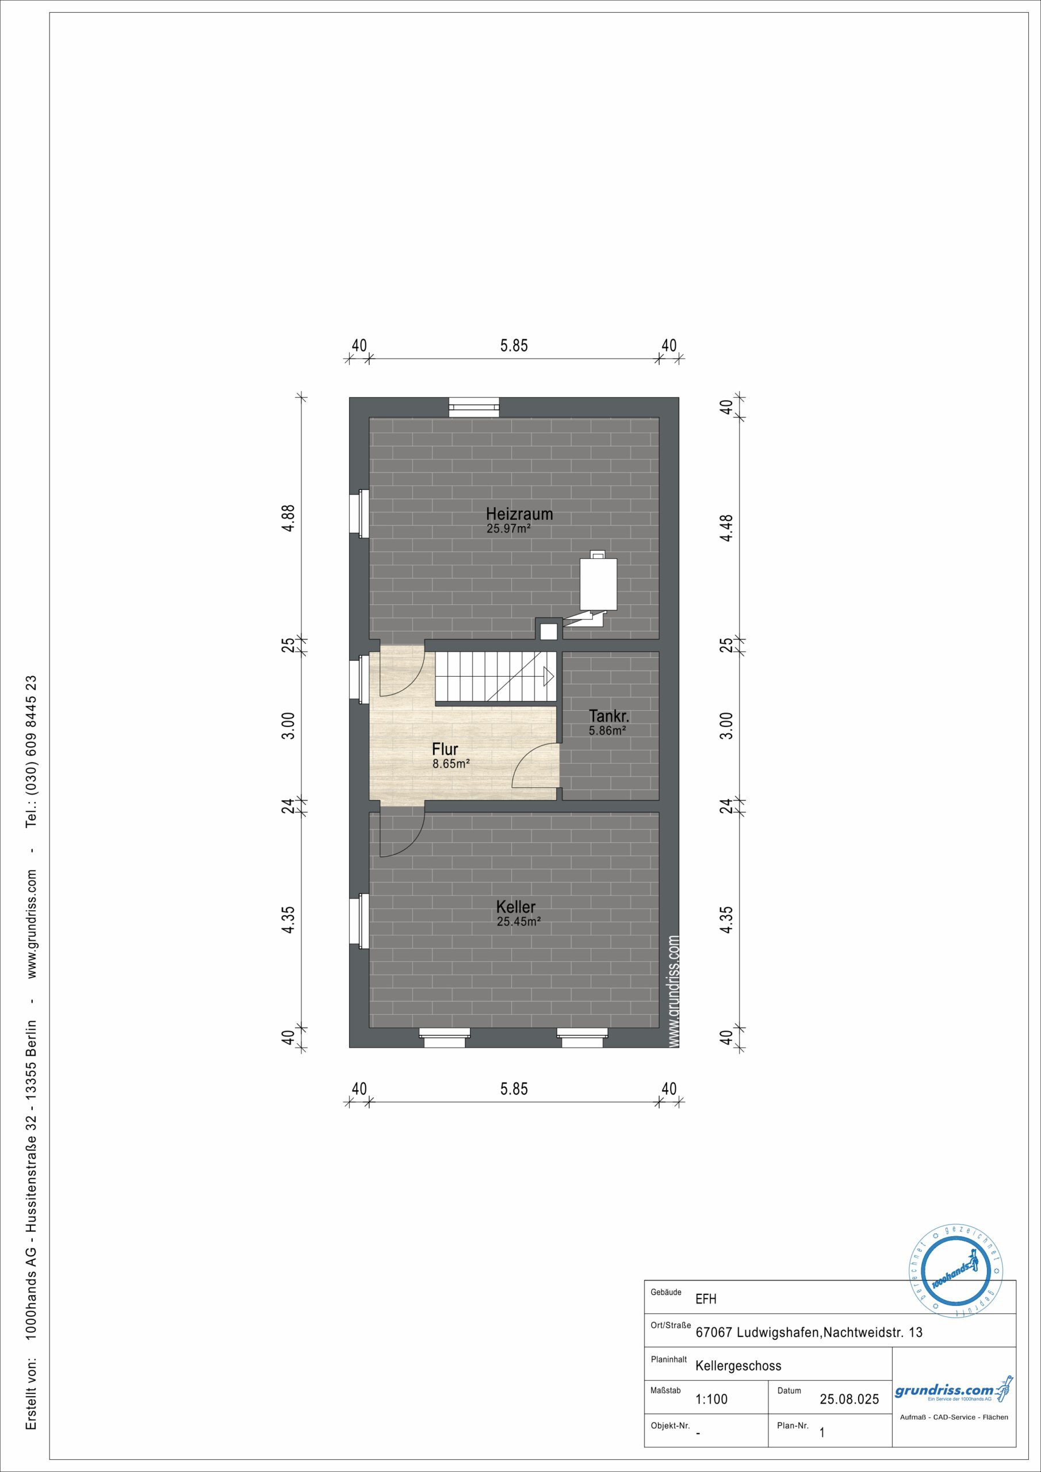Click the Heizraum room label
(519, 513)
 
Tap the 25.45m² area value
(518, 921)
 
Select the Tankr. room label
(608, 716)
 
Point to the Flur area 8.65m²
(451, 764)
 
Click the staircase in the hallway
(495, 676)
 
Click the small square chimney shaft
(549, 631)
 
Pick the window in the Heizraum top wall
(473, 408)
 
